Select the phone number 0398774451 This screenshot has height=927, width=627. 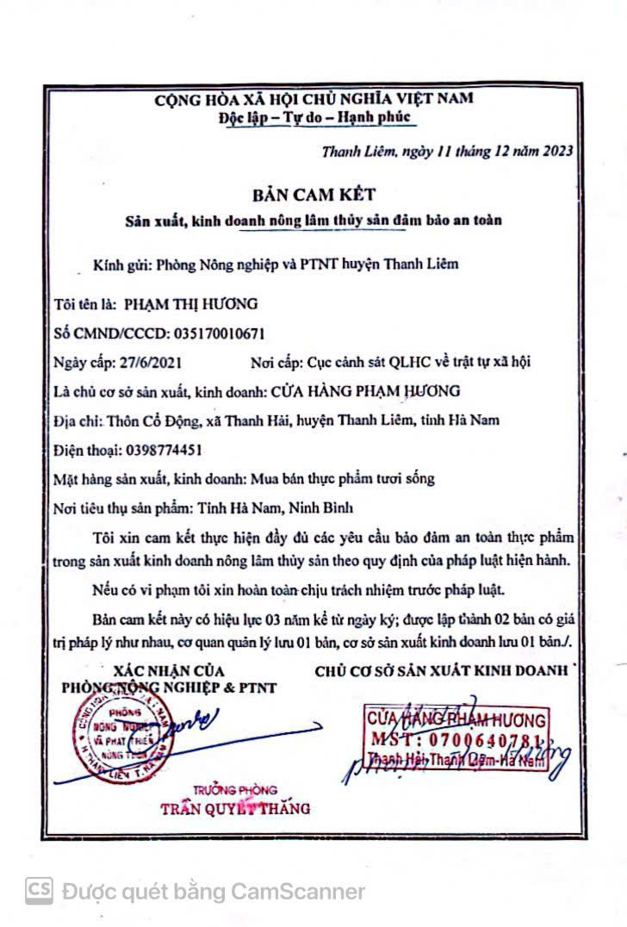[x=152, y=449]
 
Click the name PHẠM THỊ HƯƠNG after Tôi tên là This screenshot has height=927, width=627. [x=190, y=303]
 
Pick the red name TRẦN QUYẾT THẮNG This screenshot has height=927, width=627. [x=235, y=808]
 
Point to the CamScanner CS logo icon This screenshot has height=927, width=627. [x=38, y=890]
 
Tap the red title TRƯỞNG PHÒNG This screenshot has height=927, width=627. [x=235, y=790]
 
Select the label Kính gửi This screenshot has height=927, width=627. [x=121, y=264]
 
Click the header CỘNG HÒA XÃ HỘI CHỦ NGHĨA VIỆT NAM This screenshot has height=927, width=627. [x=313, y=98]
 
